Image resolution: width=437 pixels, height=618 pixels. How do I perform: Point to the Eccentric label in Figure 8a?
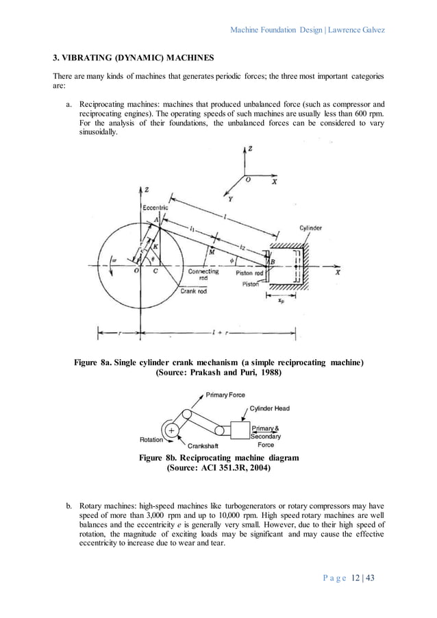[x=155, y=207]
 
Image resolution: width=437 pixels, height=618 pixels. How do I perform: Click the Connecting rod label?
[x=203, y=275]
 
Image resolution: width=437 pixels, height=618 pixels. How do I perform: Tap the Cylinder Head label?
[x=267, y=408]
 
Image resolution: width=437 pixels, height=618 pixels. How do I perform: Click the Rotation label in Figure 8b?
[x=151, y=440]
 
